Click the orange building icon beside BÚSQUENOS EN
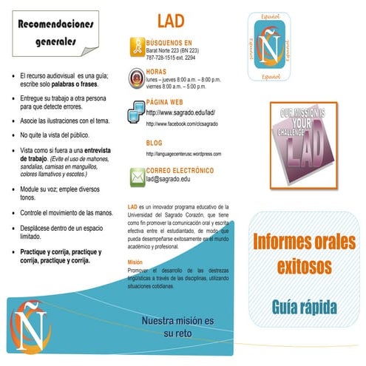(137, 47)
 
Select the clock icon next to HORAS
(137, 75)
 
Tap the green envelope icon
(137, 176)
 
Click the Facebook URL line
(185, 123)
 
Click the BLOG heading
(154, 143)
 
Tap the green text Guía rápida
(305, 305)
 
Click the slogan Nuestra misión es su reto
(177, 327)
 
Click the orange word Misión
(135, 262)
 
